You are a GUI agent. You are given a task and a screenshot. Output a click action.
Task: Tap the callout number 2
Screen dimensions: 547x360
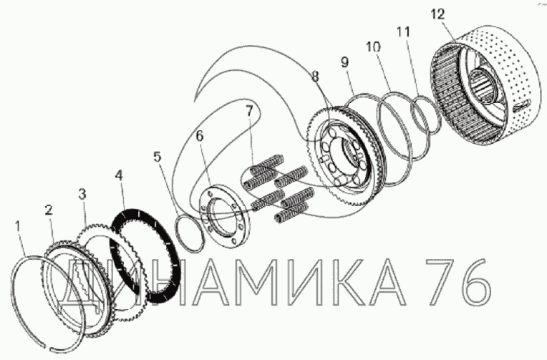coord(49,210)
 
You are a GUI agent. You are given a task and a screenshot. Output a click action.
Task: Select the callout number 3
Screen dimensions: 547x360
coord(82,194)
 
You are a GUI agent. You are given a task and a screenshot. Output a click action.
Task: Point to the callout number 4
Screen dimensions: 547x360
coord(119,175)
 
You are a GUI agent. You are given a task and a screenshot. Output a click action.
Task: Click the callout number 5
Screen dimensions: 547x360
coord(158,157)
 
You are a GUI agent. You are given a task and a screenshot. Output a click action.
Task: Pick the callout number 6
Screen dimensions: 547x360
coord(199,136)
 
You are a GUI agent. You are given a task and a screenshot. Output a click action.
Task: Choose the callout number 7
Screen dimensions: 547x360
coord(248,111)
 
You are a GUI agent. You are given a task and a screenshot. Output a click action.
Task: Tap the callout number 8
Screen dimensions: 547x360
coord(315,76)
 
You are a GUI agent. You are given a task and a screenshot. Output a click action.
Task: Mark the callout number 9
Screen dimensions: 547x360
coord(344,62)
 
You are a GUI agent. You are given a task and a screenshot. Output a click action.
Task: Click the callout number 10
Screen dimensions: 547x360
coord(373,47)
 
